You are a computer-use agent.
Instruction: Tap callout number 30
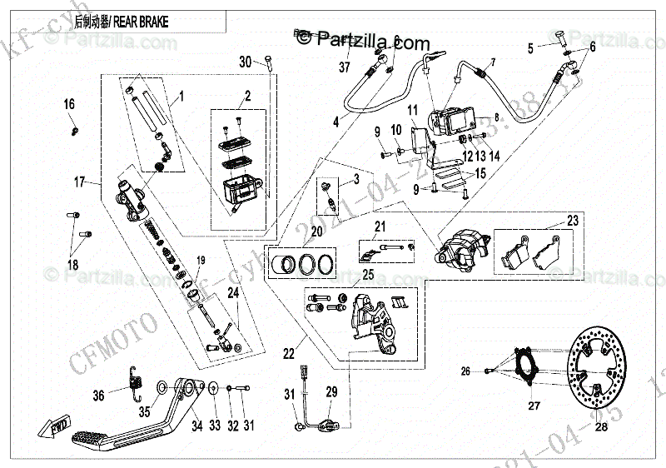tap(245, 63)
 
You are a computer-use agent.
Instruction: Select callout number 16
tap(69, 104)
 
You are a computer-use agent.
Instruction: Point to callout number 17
tap(80, 182)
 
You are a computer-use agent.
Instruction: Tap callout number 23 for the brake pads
tap(572, 222)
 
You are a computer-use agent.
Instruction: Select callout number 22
tap(288, 354)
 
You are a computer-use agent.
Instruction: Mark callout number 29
tap(331, 392)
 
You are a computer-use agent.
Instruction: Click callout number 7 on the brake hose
tap(492, 63)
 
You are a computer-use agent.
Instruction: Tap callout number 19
tap(200, 261)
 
